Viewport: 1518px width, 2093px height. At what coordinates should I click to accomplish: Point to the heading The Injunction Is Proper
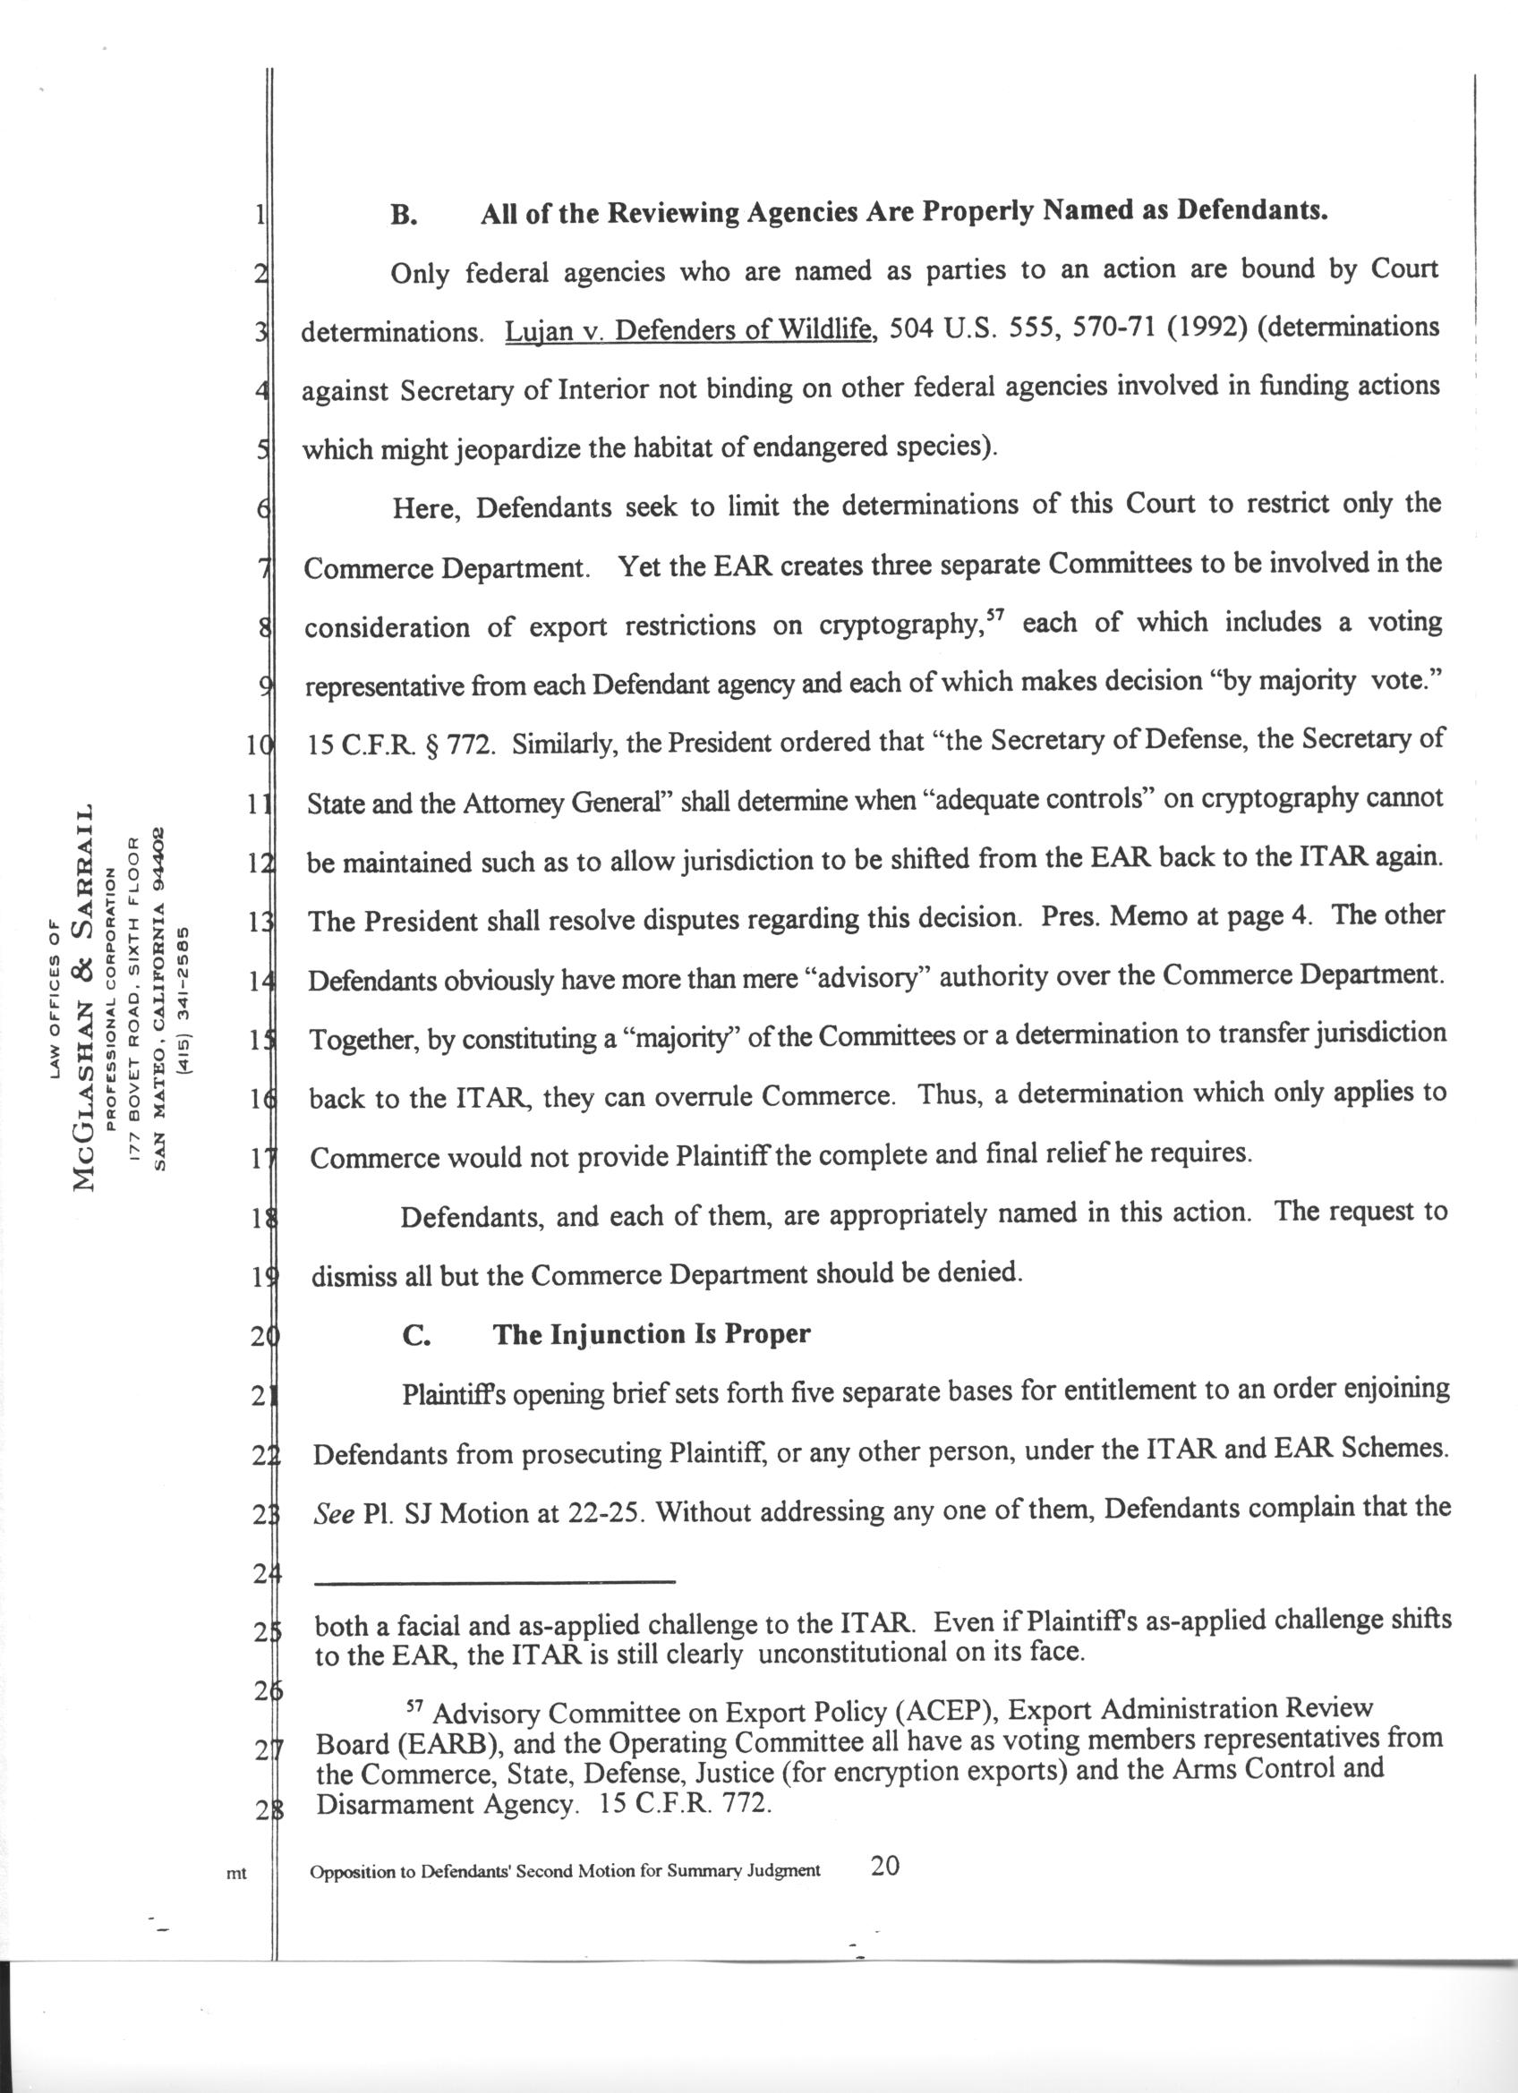click(x=652, y=1334)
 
